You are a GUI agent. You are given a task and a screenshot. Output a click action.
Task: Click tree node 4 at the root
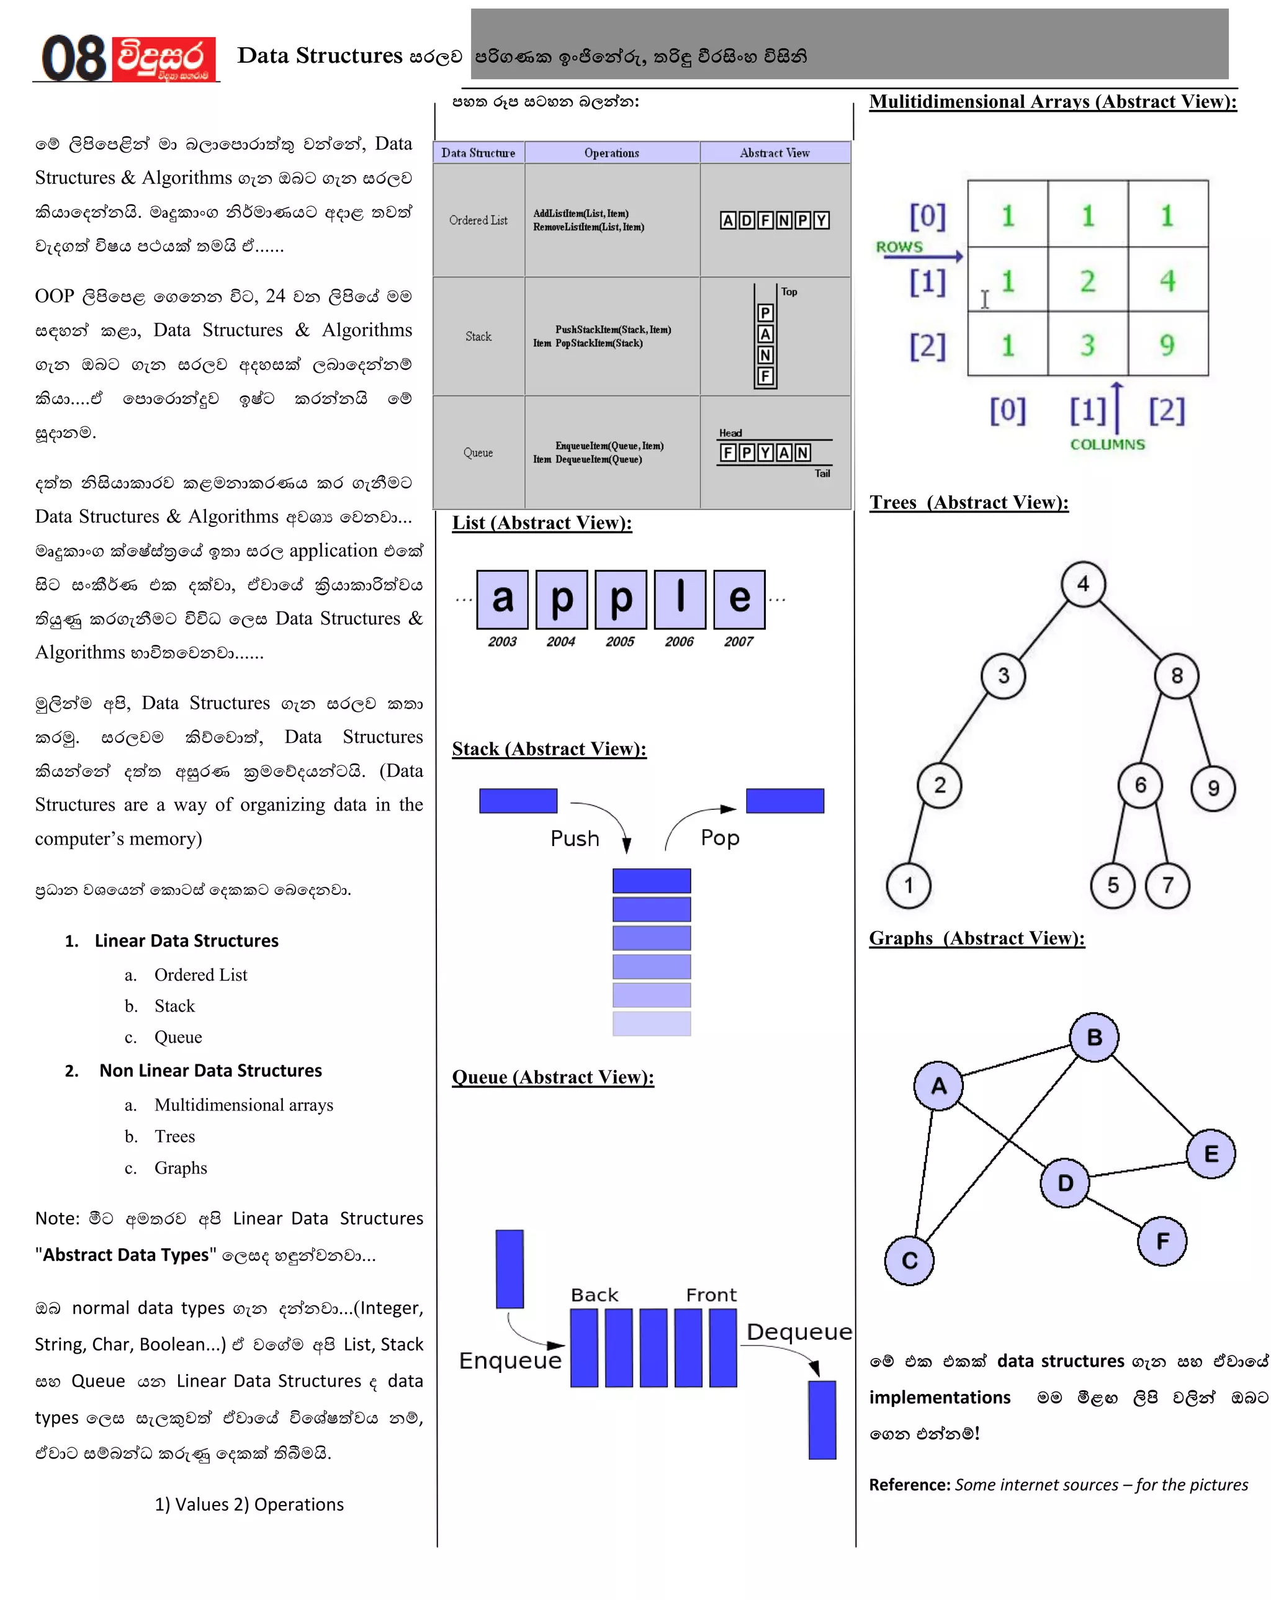coord(1082,584)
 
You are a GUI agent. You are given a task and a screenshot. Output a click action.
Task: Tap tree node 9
coord(1213,788)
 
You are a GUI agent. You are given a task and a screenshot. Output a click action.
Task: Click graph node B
coord(1094,1038)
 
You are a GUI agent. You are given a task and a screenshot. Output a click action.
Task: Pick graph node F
coord(1161,1240)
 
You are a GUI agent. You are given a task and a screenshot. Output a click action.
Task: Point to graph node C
coord(909,1260)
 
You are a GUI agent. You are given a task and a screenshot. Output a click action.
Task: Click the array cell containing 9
coord(1167,345)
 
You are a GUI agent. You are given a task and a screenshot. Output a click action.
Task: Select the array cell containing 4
coord(1167,281)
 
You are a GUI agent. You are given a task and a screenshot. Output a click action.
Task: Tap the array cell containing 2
coord(1087,281)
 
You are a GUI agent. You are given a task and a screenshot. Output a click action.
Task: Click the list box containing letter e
coord(739,599)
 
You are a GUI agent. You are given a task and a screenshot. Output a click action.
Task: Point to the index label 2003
coord(502,641)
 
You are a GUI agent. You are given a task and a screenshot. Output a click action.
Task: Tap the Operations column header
coord(611,153)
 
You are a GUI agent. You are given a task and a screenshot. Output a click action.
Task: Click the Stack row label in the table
coord(478,336)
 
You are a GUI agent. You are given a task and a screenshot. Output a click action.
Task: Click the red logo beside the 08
coord(164,58)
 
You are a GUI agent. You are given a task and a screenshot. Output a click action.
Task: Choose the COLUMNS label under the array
coord(1107,444)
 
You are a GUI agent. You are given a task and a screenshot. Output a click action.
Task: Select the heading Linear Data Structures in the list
coord(186,941)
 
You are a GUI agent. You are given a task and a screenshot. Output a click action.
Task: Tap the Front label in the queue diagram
coord(711,1295)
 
